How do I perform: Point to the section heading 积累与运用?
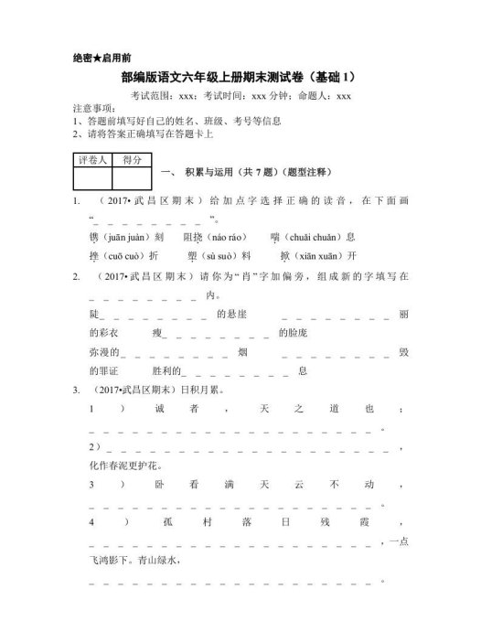click(x=211, y=172)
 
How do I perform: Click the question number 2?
click(x=75, y=275)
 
